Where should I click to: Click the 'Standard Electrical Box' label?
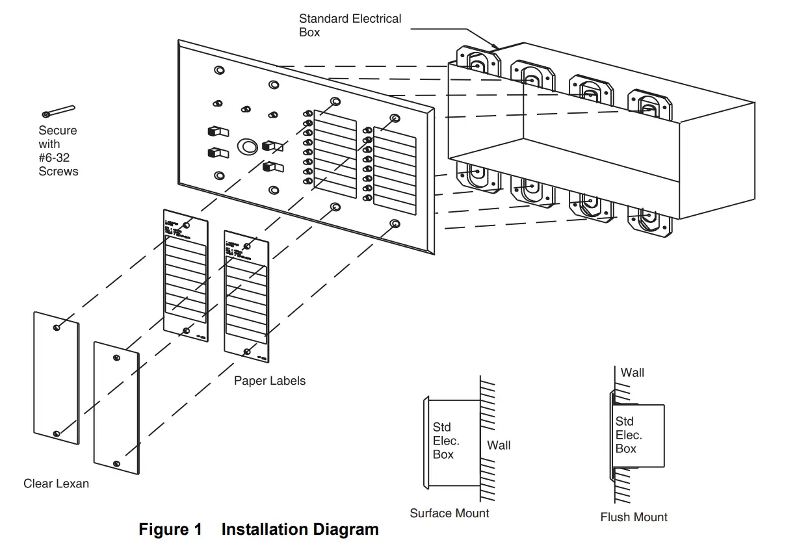click(350, 25)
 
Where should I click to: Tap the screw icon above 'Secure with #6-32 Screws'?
click(59, 112)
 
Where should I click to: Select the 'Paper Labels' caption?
click(269, 381)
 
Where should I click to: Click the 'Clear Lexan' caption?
click(56, 484)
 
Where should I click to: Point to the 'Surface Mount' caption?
click(449, 513)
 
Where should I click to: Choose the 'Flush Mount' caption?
click(633, 517)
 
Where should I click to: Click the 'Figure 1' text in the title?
click(170, 530)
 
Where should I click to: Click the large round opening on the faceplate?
click(247, 146)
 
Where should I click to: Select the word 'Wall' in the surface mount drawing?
click(499, 445)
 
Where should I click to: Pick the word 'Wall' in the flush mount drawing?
click(632, 372)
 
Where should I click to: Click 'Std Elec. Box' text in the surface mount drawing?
click(446, 441)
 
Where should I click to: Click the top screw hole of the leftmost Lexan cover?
click(58, 327)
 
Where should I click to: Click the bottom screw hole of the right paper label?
click(247, 352)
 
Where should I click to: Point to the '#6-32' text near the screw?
click(57, 158)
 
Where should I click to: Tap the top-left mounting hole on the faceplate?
click(218, 70)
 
